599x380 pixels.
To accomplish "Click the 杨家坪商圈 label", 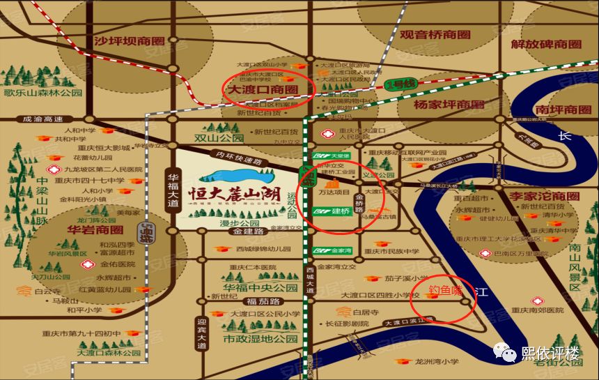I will [x=449, y=105].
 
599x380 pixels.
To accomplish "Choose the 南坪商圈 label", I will [x=563, y=109].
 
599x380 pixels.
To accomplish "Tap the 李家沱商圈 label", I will [x=544, y=196].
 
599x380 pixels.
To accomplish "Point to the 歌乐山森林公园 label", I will [x=43, y=92].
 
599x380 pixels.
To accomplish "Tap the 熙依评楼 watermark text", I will [x=550, y=354].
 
